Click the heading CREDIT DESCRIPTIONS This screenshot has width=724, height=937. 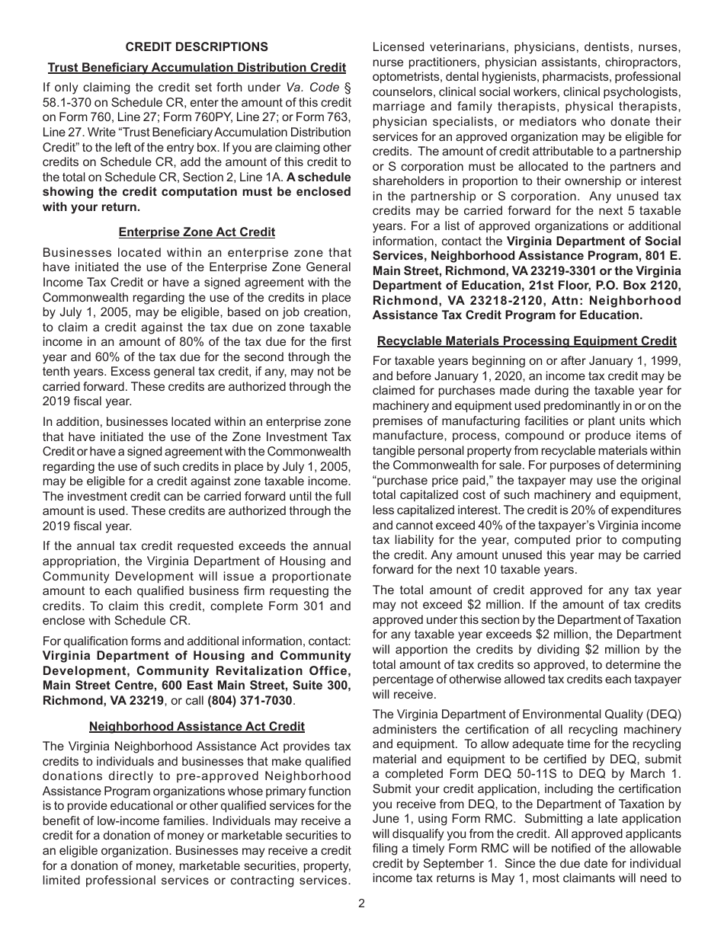197,47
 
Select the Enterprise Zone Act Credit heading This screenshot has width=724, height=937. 197,232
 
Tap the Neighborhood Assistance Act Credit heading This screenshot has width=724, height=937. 197,727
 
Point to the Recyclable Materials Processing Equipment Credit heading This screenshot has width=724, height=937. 527,341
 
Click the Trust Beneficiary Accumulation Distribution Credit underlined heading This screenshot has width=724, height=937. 197,68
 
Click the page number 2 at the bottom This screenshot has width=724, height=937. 361,903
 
